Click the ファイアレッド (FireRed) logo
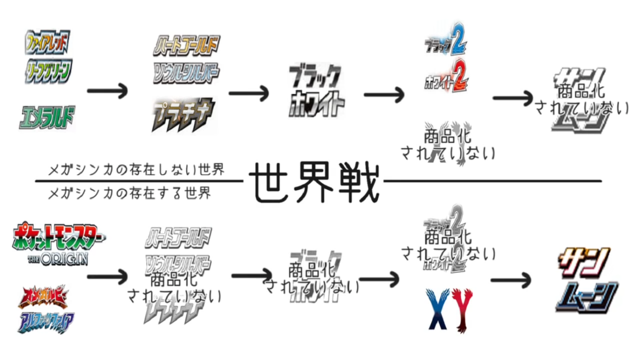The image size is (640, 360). tap(48, 42)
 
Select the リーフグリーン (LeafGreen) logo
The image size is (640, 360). tap(48, 71)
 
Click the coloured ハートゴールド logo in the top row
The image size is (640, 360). tap(186, 45)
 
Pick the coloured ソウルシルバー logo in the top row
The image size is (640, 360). tap(186, 73)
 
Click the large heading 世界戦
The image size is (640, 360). tap(314, 183)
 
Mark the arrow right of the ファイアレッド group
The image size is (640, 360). tap(107, 91)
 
